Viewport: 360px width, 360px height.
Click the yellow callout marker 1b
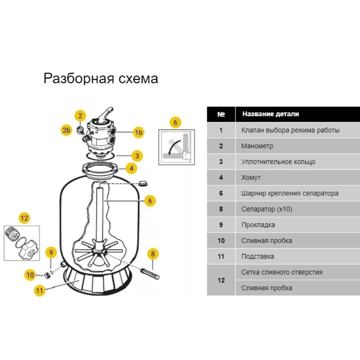click(138, 133)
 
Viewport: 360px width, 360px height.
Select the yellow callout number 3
click(137, 155)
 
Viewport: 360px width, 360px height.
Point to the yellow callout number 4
click(131, 168)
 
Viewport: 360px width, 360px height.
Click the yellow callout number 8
click(153, 254)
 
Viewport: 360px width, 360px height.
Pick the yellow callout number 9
click(51, 252)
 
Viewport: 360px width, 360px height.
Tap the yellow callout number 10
click(30, 275)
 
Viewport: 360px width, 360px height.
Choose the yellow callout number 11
click(40, 290)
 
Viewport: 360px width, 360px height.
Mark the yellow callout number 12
click(24, 218)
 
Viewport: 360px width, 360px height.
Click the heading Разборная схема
click(101, 79)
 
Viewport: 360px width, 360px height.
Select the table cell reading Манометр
click(257, 146)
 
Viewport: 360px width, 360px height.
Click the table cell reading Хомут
click(251, 178)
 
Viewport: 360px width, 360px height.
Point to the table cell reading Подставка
click(257, 257)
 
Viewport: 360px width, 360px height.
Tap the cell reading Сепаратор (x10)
click(267, 209)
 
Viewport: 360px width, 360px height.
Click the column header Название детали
click(270, 114)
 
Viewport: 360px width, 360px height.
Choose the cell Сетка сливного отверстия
click(282, 272)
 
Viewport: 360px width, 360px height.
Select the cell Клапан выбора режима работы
click(290, 130)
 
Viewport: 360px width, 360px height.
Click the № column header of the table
click(221, 114)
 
